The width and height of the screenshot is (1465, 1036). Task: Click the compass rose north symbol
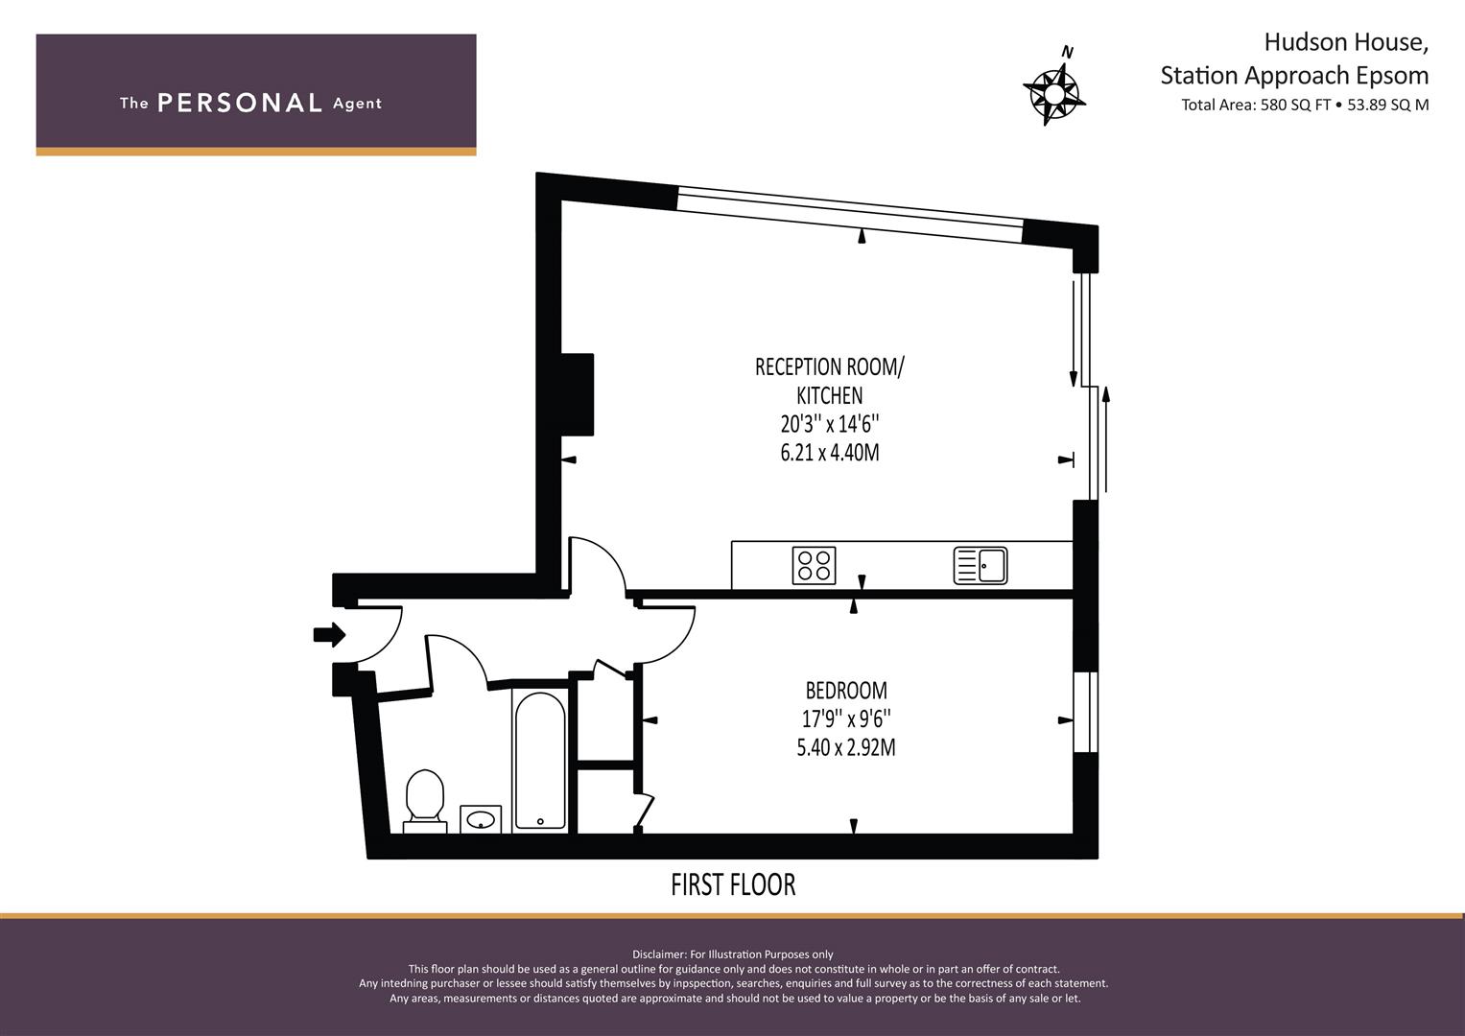point(1053,89)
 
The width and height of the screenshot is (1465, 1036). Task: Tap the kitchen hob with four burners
point(815,565)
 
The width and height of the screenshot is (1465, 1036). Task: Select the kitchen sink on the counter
point(981,565)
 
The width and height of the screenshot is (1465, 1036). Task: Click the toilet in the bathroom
point(425,802)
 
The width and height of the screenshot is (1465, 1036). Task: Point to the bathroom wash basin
point(481,819)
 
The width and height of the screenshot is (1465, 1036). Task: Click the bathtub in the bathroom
point(540,761)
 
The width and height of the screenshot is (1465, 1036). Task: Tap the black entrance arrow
point(330,634)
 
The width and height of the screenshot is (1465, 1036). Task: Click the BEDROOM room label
point(846,691)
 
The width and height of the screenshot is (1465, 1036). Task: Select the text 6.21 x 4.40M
point(830,453)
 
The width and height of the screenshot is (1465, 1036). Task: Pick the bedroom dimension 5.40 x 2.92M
point(846,747)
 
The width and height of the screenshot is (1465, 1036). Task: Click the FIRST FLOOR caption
point(733,884)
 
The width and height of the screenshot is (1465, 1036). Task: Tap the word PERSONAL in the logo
point(240,103)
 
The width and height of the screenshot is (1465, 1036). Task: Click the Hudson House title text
point(1346,42)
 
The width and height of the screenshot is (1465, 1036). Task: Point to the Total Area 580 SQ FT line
point(1305,105)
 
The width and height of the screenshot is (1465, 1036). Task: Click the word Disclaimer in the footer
point(659,954)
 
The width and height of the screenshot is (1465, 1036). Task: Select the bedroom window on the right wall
point(1086,712)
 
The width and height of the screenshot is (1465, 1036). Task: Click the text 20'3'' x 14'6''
point(830,424)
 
